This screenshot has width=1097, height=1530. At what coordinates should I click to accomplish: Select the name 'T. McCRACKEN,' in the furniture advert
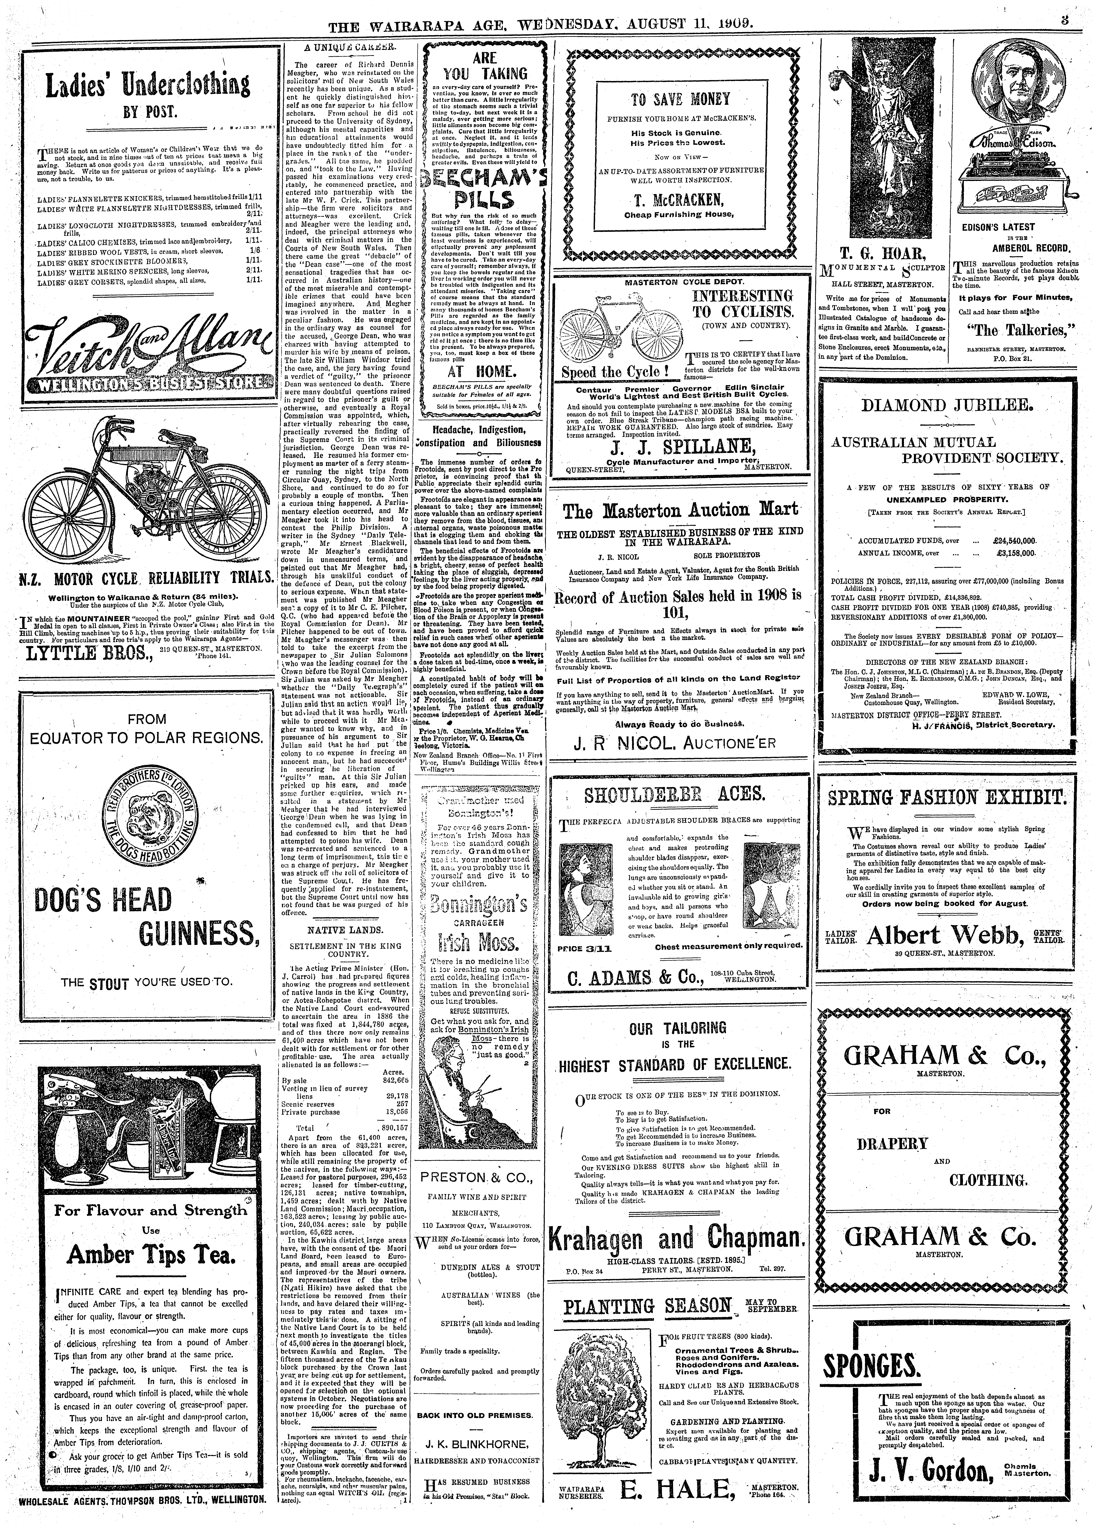(x=683, y=200)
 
